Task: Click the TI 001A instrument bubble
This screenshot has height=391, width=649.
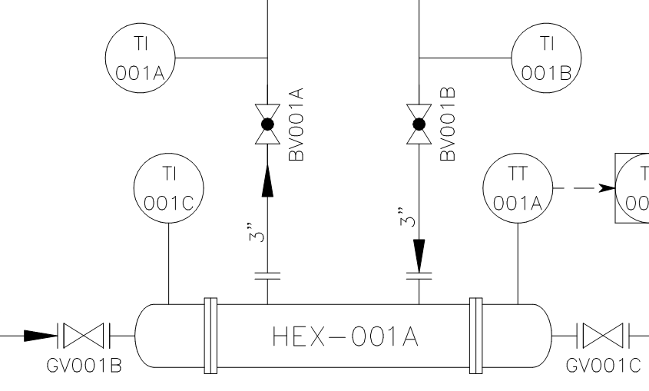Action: (x=141, y=56)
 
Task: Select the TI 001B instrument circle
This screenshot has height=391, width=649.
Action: (x=547, y=56)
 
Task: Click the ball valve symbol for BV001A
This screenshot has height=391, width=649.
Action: (x=267, y=124)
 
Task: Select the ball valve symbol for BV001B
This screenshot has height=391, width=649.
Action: (x=419, y=124)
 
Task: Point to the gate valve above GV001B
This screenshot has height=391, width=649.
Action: (x=84, y=335)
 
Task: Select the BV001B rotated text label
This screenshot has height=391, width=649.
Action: (x=449, y=124)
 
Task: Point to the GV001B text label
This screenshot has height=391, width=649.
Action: (x=84, y=364)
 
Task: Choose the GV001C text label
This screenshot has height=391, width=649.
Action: (x=602, y=364)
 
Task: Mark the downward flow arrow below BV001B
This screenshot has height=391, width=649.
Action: (x=419, y=252)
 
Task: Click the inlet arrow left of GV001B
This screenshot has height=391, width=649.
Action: (x=38, y=335)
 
